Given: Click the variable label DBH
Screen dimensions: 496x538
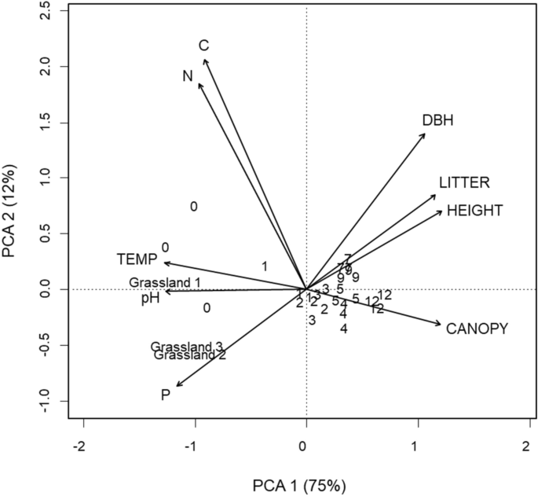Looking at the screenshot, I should (438, 120).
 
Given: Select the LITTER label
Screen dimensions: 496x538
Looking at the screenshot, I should (464, 182).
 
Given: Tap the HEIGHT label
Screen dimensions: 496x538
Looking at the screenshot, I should (474, 211).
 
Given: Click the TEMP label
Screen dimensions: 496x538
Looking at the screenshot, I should (137, 259).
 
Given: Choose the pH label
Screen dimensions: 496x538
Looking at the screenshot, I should (151, 299).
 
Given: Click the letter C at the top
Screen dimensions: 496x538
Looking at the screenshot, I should (203, 46).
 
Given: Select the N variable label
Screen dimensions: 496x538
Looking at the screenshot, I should (187, 75).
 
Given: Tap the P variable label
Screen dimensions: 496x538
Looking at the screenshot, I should (166, 395).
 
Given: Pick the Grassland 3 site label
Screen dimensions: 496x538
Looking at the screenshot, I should (187, 347).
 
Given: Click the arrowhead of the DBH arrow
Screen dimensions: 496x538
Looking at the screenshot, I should (424, 134).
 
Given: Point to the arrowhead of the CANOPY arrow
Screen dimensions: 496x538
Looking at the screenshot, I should (441, 324).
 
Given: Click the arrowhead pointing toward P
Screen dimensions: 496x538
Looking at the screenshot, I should (178, 385).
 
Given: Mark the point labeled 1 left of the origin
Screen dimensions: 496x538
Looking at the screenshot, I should (265, 266).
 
